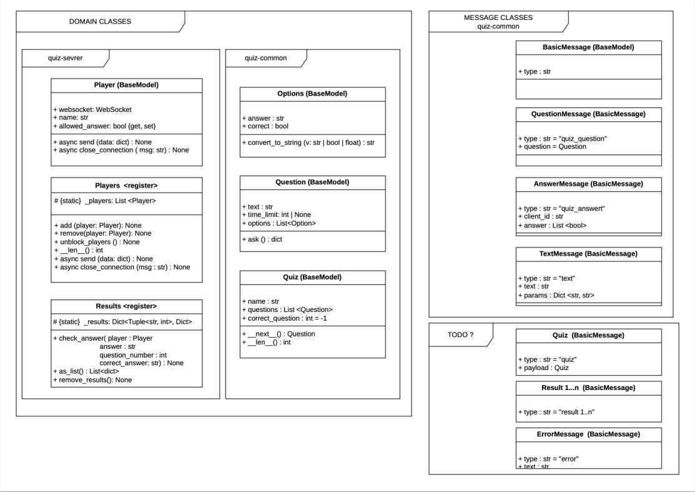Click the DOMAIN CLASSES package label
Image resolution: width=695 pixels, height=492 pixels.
point(100,21)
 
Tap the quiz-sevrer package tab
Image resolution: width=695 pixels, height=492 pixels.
point(65,58)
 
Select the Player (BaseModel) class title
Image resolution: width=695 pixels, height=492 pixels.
point(126,85)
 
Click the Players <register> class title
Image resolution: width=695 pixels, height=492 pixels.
point(126,186)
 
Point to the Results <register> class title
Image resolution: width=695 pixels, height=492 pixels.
point(126,306)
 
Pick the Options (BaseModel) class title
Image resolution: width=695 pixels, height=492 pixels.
point(312,94)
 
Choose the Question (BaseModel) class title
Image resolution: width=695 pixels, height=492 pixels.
point(312,182)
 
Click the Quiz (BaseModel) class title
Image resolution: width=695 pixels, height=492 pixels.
point(312,278)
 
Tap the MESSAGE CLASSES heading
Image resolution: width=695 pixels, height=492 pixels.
point(498,18)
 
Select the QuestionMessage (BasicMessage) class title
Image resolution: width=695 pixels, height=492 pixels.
point(589,114)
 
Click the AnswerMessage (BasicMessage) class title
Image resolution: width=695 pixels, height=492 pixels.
point(589,184)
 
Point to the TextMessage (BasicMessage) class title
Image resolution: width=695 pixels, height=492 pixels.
point(589,254)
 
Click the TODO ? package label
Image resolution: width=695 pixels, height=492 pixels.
point(461,334)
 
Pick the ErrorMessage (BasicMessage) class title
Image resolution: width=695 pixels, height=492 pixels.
point(589,434)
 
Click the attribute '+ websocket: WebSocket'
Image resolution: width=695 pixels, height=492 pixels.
point(92,109)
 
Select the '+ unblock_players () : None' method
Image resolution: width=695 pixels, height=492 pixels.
point(97,242)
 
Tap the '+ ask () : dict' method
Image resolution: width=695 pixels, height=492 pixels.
point(262,239)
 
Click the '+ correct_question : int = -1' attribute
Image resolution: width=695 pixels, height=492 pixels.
point(285,319)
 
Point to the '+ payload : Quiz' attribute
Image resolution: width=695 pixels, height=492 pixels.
point(543,368)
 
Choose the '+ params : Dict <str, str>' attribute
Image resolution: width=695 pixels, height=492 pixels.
point(556,296)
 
